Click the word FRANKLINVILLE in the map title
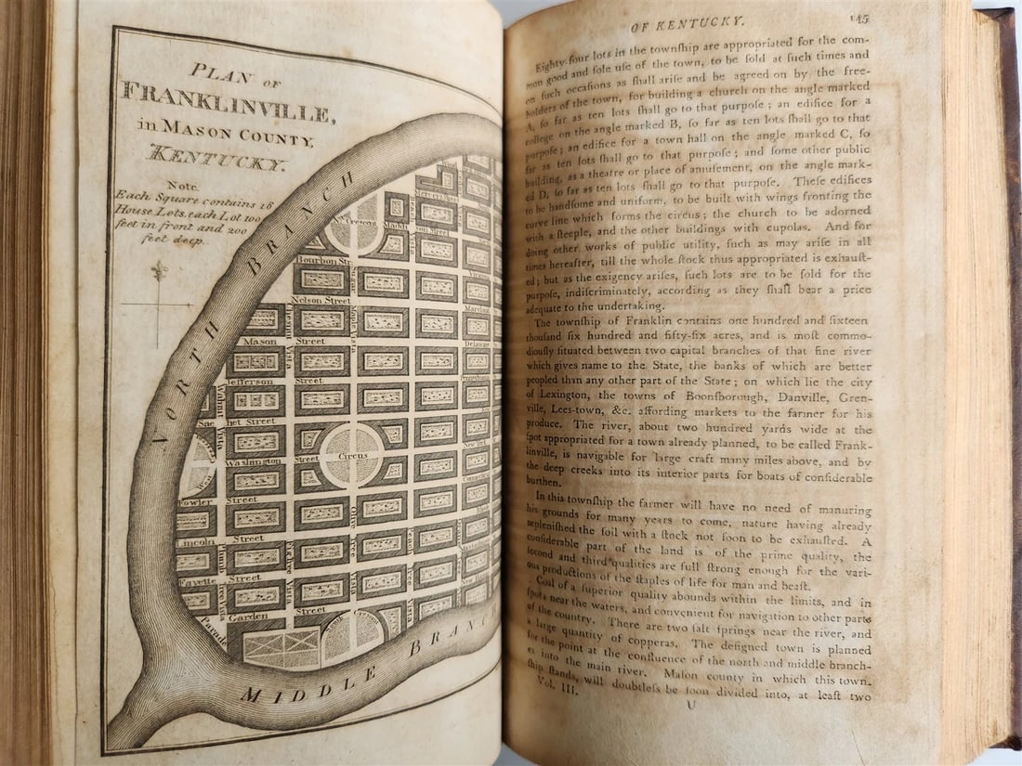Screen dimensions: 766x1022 [225, 102]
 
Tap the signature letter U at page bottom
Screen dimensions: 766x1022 [688, 733]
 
